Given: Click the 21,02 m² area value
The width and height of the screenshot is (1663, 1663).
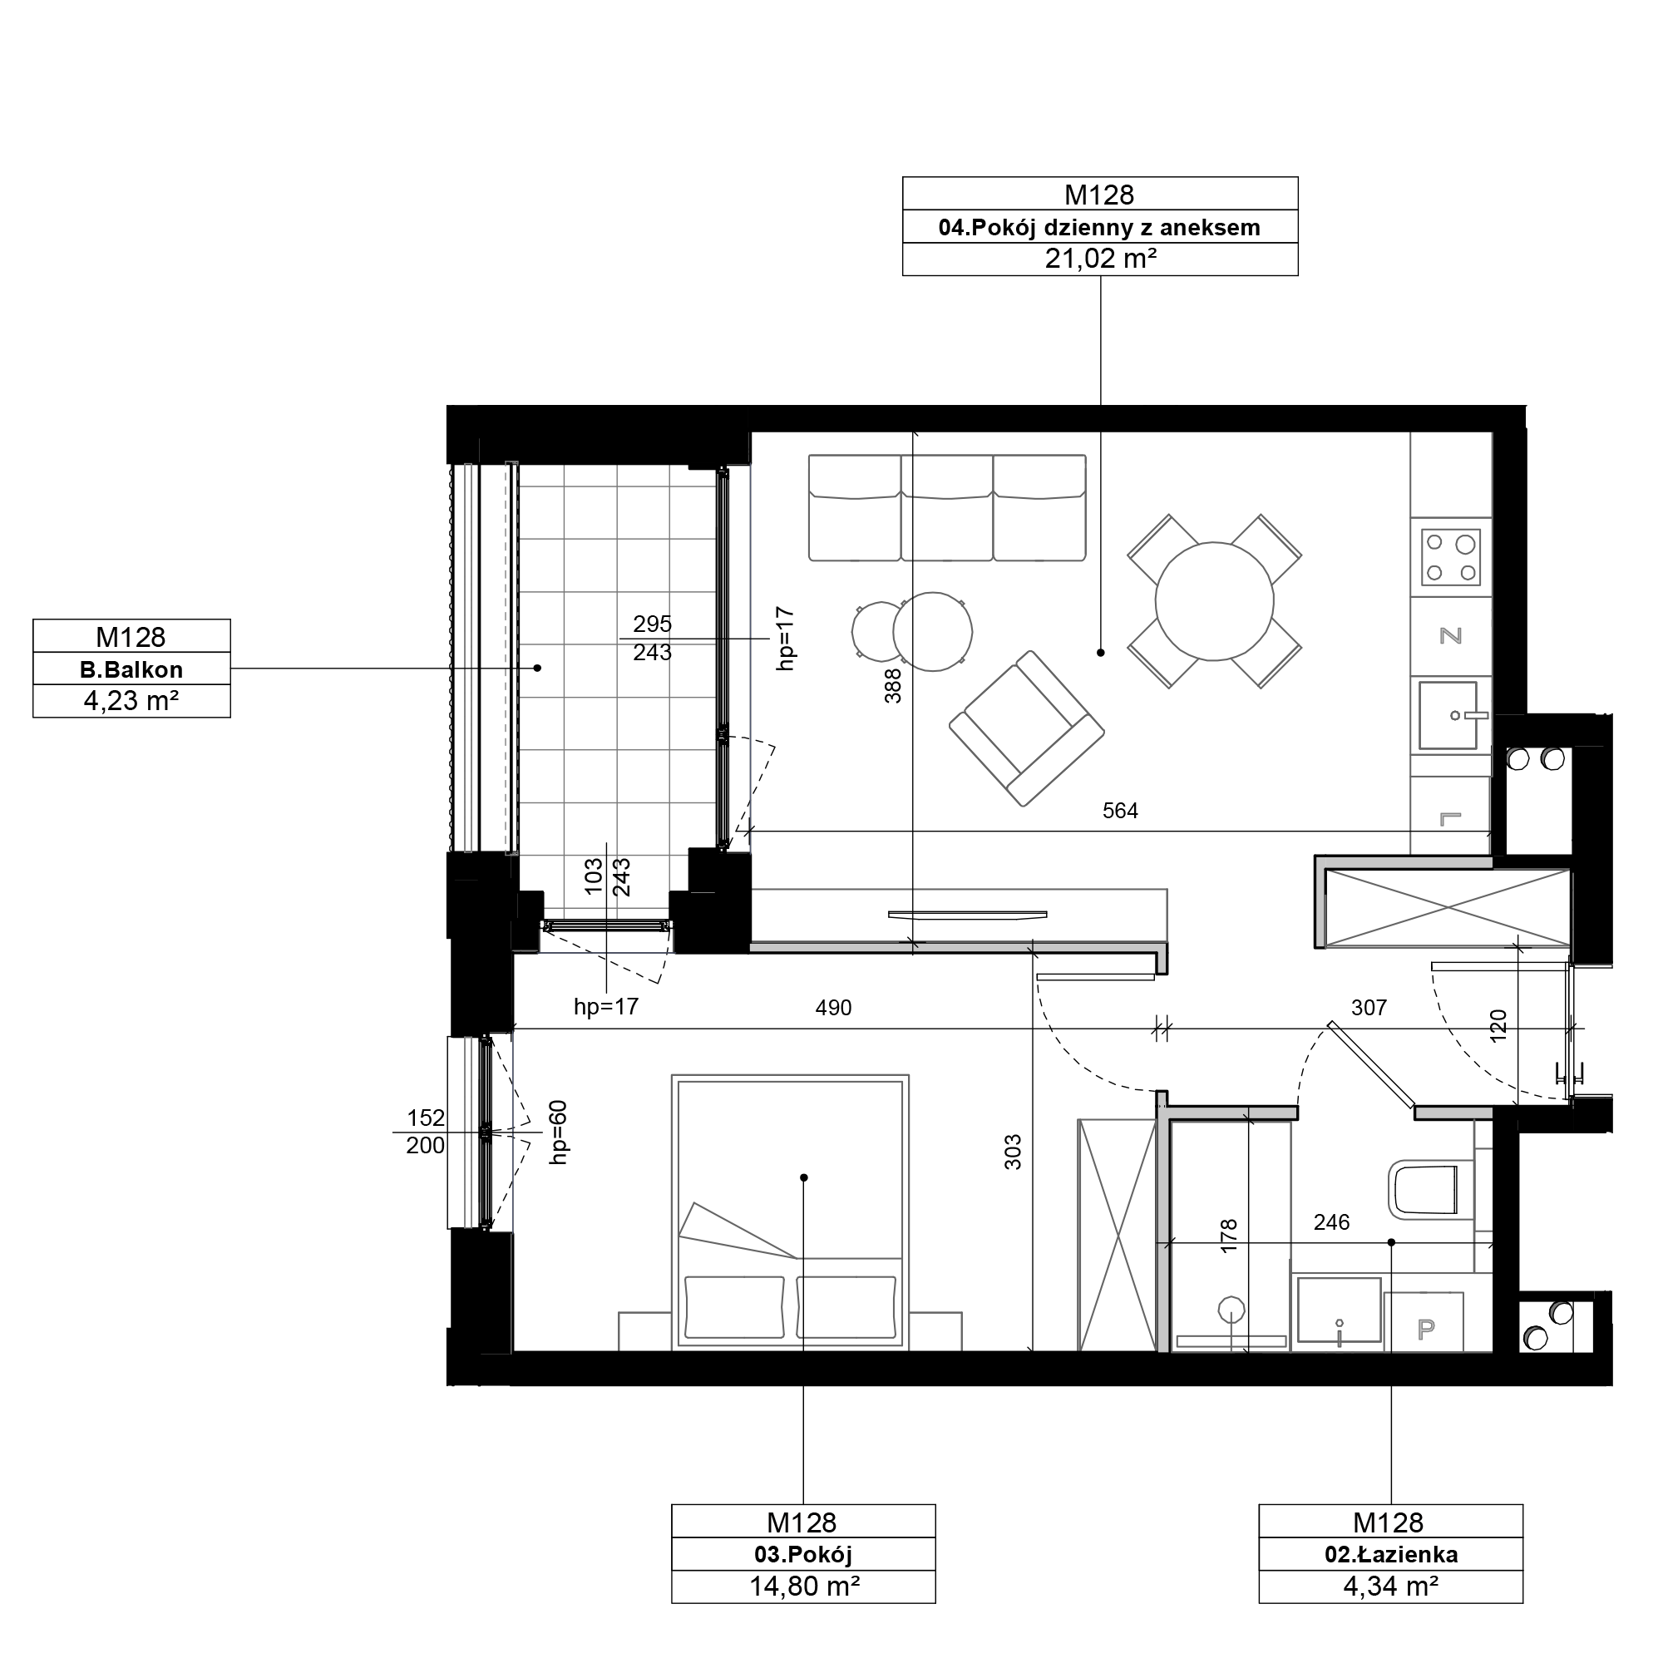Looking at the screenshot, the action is point(1100,259).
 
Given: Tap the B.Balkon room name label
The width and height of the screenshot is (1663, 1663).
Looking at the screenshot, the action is point(131,669).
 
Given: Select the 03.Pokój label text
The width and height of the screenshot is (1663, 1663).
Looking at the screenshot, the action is point(803,1555).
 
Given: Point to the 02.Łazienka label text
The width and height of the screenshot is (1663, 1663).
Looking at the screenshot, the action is point(1391,1555).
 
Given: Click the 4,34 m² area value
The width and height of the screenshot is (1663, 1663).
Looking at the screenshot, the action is point(1391,1586).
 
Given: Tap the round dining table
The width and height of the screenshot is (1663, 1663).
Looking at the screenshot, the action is point(1215,601).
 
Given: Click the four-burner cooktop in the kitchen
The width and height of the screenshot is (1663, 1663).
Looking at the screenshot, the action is point(1451,557).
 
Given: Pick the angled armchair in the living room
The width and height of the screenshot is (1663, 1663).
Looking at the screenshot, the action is point(1026,728).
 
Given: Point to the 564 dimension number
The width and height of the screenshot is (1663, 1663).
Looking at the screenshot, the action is point(1120,811).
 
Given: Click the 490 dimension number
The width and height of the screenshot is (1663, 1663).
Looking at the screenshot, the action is point(833,1007).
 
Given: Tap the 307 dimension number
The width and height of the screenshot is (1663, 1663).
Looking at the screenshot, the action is point(1369,1007).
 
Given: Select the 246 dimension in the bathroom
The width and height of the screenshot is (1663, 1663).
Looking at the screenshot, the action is point(1331,1222).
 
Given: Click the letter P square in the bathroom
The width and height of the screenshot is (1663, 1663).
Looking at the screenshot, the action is point(1425,1330).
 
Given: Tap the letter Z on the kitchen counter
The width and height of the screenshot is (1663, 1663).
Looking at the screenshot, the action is point(1451,636).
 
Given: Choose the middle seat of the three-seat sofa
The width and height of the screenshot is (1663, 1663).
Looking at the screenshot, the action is point(947,508).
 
